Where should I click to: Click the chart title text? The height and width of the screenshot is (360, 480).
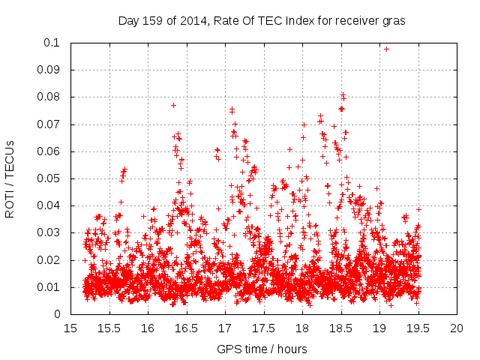(262, 21)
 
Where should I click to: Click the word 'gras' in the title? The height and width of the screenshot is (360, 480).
(394, 21)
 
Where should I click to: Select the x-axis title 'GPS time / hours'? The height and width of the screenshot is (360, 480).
(262, 349)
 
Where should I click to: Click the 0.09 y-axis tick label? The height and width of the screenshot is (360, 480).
(50, 70)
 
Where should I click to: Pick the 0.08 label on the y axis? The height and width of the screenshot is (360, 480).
(50, 97)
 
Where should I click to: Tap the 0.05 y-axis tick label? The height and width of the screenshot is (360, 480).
(50, 178)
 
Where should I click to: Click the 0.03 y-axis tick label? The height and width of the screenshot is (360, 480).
(50, 232)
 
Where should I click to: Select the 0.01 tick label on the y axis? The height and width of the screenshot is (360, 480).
(50, 287)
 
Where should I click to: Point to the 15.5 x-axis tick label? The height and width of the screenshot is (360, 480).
(109, 328)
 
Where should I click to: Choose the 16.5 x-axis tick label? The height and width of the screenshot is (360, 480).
(187, 328)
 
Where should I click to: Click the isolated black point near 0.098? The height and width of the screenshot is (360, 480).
(386, 49)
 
